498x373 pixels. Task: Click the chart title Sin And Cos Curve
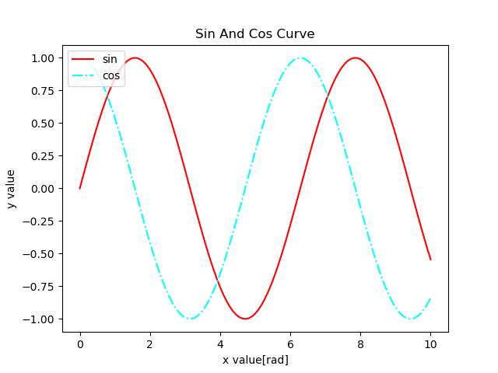pos(254,34)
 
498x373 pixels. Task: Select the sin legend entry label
pos(110,59)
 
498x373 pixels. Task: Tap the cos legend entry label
pos(111,75)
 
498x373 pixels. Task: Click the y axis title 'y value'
pos(12,189)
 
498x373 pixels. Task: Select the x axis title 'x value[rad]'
pos(255,360)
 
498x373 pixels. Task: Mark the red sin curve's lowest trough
pos(245,319)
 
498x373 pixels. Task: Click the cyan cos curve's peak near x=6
pos(300,58)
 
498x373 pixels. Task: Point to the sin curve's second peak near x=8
pos(356,58)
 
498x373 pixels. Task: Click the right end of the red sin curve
pos(430,260)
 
